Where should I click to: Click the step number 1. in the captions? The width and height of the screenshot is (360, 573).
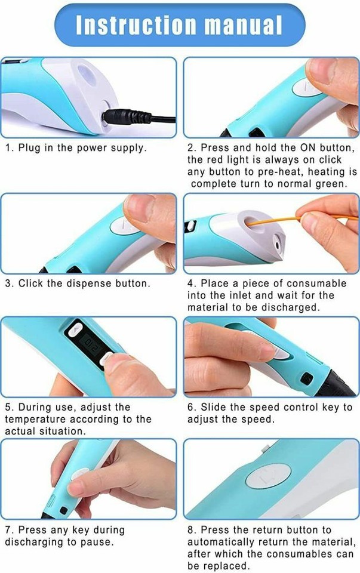[10, 147]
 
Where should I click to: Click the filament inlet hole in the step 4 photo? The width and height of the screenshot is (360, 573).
[249, 223]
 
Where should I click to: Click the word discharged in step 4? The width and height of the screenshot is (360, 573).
[274, 307]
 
